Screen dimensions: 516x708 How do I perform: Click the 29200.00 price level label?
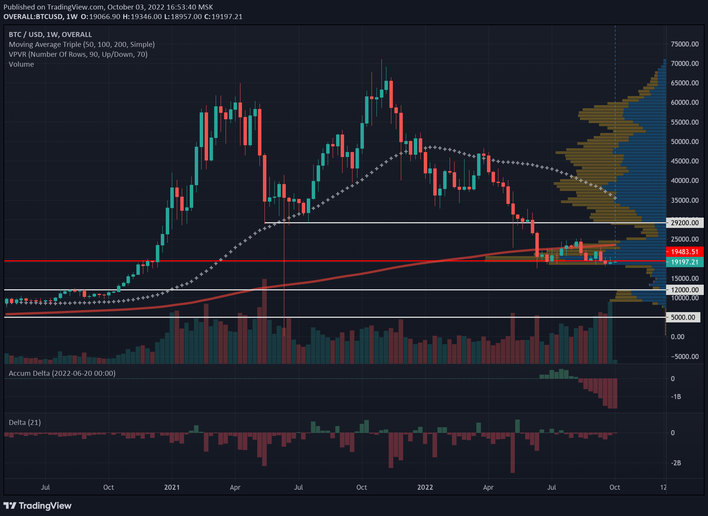click(x=684, y=223)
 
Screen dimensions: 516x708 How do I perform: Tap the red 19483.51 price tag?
click(x=684, y=252)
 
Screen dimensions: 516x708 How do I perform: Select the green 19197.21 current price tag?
click(x=684, y=262)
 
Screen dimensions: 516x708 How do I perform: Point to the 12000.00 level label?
click(x=684, y=290)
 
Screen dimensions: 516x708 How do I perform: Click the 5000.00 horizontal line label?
click(x=683, y=317)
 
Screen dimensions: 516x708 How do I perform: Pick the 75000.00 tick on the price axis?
click(x=685, y=44)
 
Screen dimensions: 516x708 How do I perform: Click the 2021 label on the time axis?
click(x=172, y=487)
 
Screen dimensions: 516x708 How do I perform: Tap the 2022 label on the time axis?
click(x=425, y=487)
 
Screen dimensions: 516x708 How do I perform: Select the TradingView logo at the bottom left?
click(x=37, y=506)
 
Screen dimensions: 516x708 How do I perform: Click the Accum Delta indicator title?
click(x=62, y=373)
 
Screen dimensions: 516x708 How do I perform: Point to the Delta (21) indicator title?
click(x=25, y=423)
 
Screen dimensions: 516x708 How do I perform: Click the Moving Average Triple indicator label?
click(x=82, y=45)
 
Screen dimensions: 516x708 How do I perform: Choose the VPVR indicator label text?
click(x=78, y=54)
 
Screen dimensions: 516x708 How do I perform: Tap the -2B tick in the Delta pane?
click(x=676, y=463)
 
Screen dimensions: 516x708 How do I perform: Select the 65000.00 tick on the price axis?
click(x=685, y=83)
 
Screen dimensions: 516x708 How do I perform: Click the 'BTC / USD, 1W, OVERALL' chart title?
click(x=50, y=35)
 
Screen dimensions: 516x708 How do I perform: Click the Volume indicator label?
click(x=21, y=64)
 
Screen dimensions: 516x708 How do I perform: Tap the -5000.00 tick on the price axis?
click(x=685, y=357)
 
